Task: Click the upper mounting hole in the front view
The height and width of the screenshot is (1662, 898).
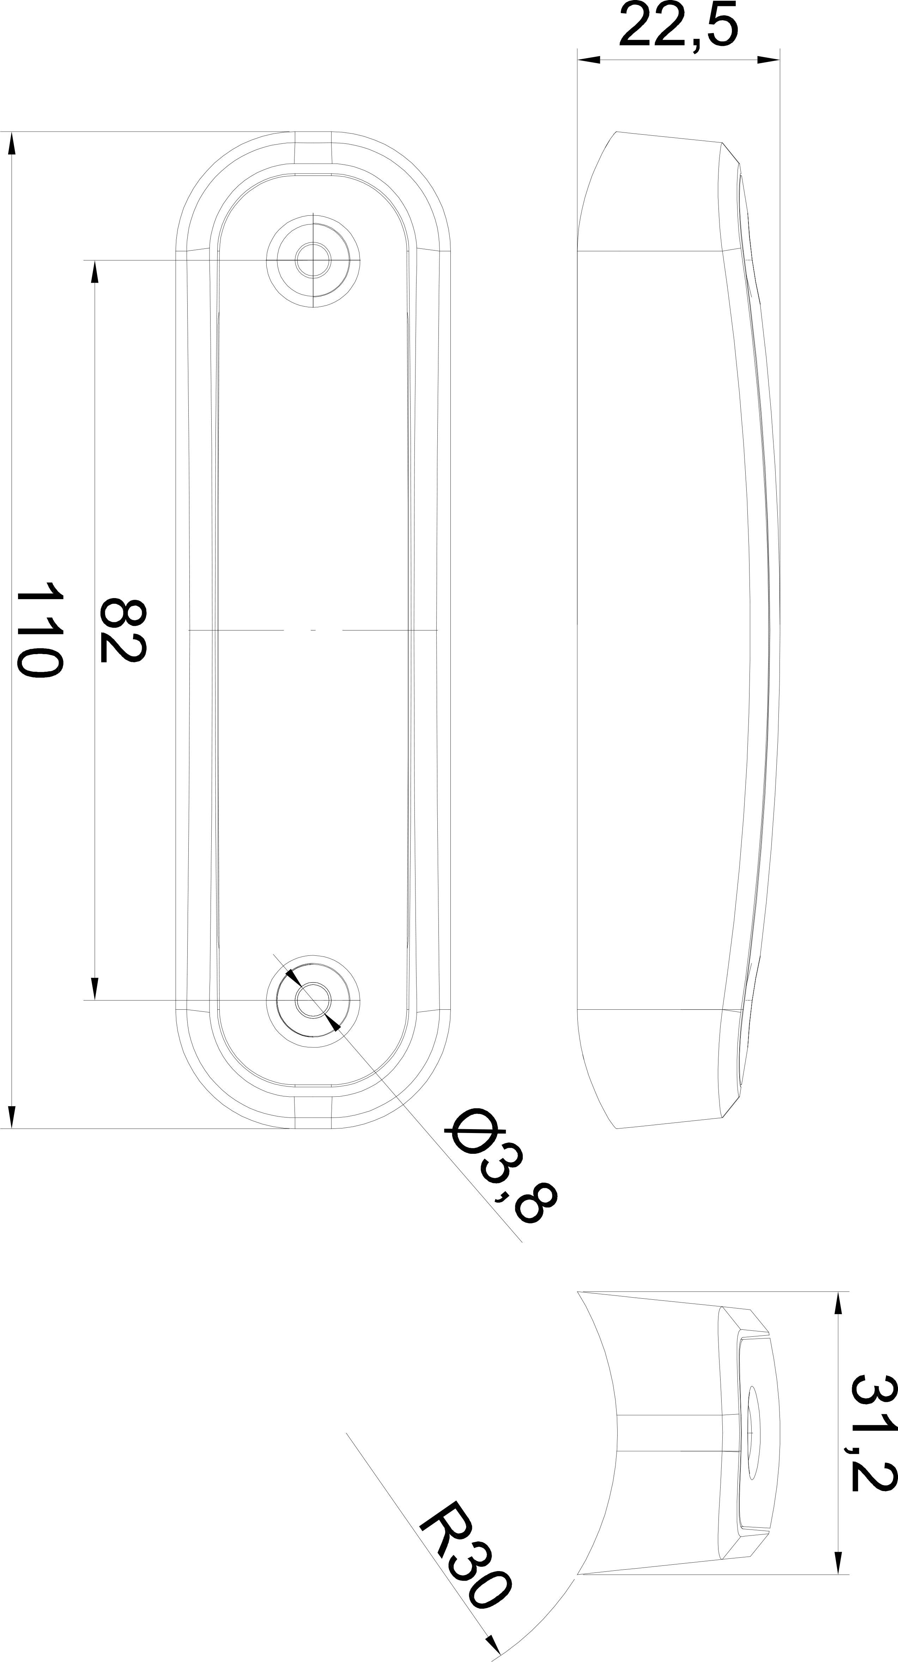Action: pyautogui.click(x=313, y=260)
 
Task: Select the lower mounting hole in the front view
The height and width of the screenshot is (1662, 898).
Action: pyautogui.click(x=313, y=999)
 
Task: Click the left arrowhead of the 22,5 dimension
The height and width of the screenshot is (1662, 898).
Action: pyautogui.click(x=589, y=60)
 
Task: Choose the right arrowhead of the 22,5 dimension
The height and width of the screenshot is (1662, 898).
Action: pyautogui.click(x=768, y=60)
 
